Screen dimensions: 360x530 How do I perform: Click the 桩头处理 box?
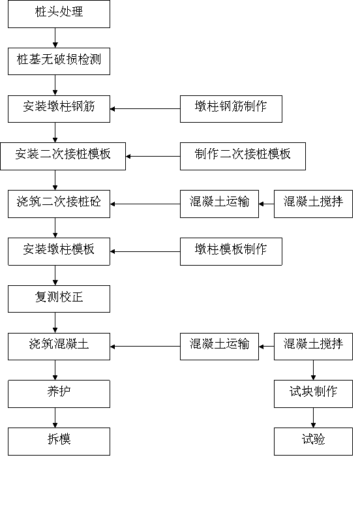[x=59, y=14]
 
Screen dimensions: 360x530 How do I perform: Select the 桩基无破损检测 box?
[x=59, y=61]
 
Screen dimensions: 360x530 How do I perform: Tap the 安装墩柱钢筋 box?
[x=59, y=109]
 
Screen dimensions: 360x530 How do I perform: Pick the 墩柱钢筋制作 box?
[x=231, y=109]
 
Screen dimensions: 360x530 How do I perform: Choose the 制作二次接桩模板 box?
[x=243, y=156]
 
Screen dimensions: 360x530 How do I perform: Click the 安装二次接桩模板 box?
[x=63, y=156]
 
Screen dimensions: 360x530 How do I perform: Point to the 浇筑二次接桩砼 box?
[x=59, y=204]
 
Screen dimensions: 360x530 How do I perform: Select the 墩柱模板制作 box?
[x=231, y=251]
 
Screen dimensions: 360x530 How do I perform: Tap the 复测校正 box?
[x=59, y=299]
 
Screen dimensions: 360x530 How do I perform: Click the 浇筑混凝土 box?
[x=59, y=347]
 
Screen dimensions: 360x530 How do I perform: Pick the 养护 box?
[x=59, y=394]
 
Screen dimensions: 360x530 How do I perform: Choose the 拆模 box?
[x=59, y=441]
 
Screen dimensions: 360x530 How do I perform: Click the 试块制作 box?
[x=313, y=394]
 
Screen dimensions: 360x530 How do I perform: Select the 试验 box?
[x=313, y=441]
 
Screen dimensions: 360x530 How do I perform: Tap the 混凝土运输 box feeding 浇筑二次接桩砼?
[x=219, y=204]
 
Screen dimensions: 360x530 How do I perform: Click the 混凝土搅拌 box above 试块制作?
[x=313, y=347]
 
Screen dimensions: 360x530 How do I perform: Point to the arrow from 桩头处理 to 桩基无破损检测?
[x=55, y=38]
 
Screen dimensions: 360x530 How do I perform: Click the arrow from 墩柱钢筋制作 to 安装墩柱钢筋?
[x=145, y=109]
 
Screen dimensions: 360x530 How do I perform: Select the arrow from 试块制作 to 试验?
[x=313, y=418]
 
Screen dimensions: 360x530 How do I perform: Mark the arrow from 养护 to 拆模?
[x=55, y=418]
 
